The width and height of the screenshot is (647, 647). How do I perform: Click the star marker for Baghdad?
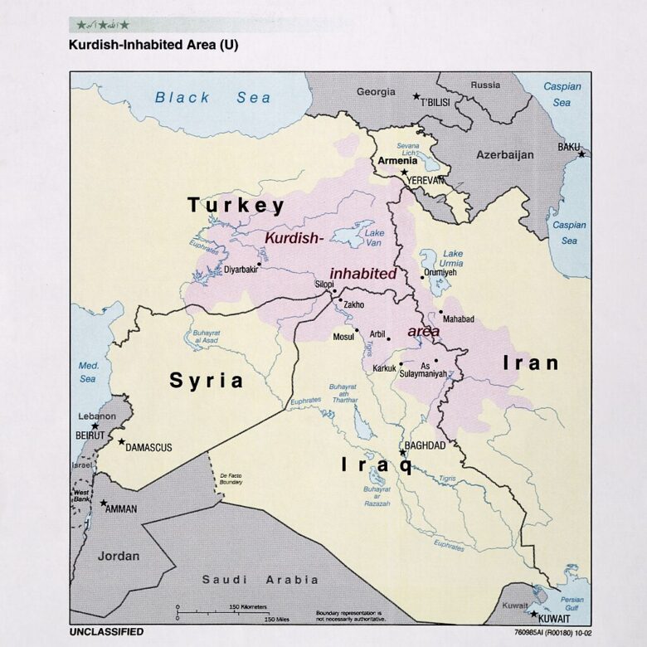pyautogui.click(x=403, y=453)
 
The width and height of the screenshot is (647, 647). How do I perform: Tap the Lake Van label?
pyautogui.click(x=375, y=239)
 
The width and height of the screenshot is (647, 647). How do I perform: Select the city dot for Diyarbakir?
pyautogui.click(x=259, y=264)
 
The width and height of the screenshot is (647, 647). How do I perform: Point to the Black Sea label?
pyautogui.click(x=212, y=97)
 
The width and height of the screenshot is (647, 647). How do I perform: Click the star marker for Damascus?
pyautogui.click(x=121, y=442)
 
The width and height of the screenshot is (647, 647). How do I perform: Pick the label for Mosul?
pyautogui.click(x=343, y=337)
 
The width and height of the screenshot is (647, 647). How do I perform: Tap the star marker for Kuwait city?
pyautogui.click(x=533, y=613)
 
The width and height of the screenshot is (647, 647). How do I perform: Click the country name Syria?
pyautogui.click(x=207, y=381)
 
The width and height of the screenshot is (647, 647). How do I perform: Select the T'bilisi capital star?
pyautogui.click(x=416, y=96)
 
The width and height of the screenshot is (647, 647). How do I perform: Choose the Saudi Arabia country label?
pyautogui.click(x=260, y=580)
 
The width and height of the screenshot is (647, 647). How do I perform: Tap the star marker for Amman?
pyautogui.click(x=103, y=503)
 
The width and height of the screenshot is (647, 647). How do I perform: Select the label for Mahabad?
pyautogui.click(x=459, y=318)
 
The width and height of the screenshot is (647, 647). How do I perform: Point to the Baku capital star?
pyautogui.click(x=581, y=154)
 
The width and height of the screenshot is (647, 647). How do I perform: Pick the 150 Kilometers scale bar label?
pyautogui.click(x=248, y=607)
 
